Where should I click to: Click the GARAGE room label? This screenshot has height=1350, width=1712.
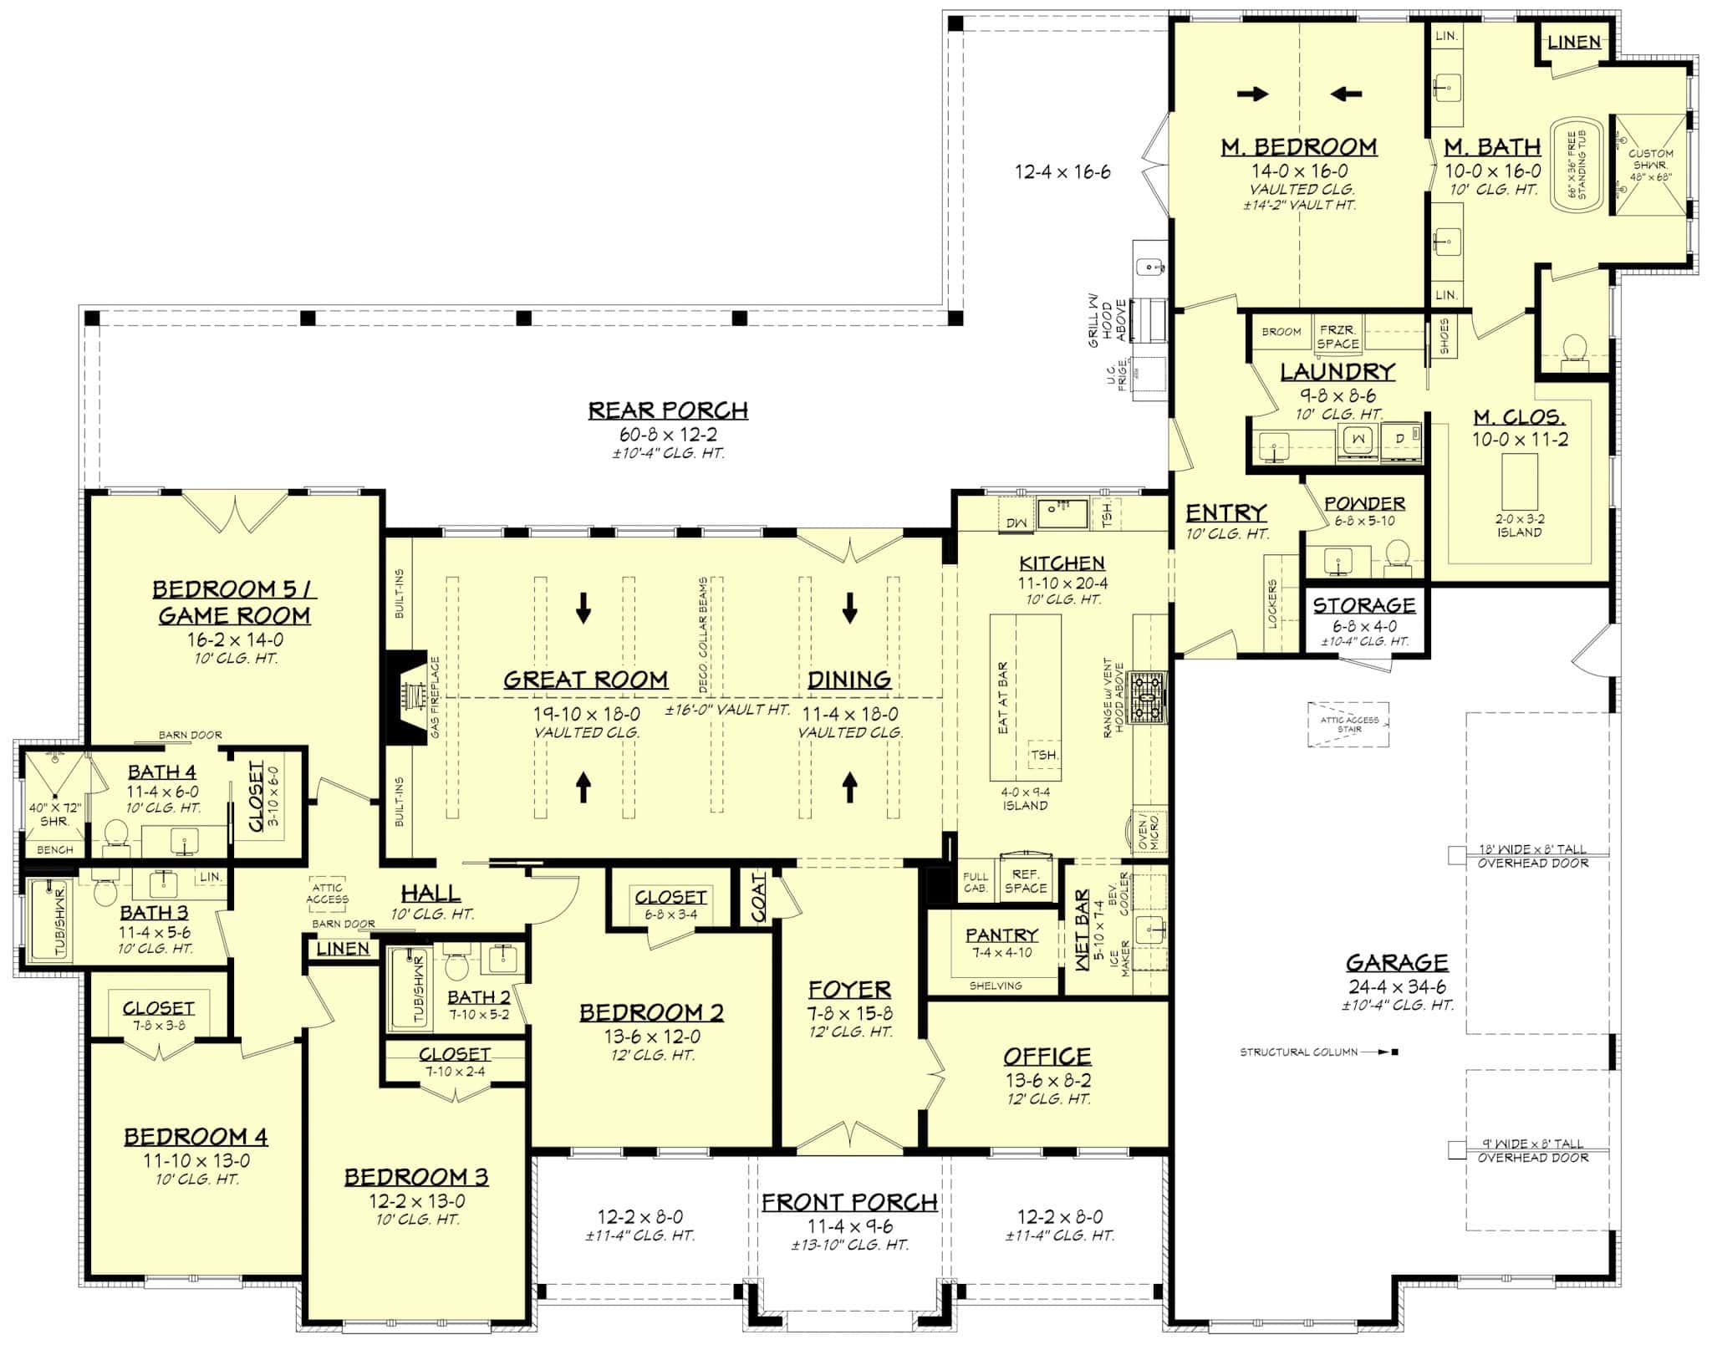click(1397, 962)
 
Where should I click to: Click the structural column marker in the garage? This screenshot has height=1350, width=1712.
click(1394, 1052)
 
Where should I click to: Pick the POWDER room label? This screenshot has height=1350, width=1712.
click(1364, 503)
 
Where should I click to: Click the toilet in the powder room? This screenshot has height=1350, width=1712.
click(1397, 556)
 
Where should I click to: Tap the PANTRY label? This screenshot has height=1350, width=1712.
click(1001, 935)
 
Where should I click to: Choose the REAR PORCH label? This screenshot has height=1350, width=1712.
click(668, 410)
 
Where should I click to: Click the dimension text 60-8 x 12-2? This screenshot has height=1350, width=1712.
click(668, 435)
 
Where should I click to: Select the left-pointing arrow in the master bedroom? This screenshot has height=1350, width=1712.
click(1346, 94)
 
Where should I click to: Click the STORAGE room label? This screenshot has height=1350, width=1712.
click(1364, 605)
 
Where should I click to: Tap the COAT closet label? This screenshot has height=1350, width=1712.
click(758, 898)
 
